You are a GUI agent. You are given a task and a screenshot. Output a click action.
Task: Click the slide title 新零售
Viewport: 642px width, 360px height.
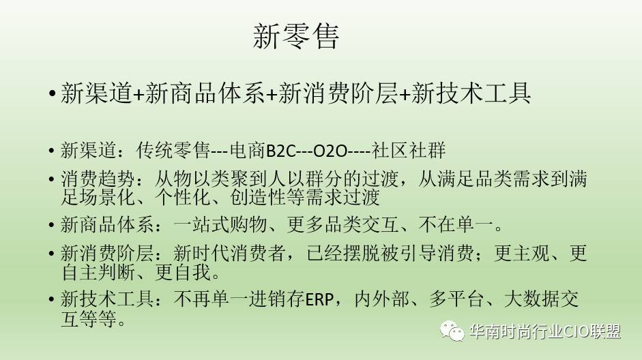coord(296,36)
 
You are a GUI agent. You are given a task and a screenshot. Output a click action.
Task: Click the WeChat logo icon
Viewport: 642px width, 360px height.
coord(452,331)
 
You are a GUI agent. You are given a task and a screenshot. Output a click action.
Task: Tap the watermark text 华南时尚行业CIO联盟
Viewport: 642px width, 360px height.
coord(545,331)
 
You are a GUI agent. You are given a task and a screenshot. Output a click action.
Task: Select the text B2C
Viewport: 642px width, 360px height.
coord(280,151)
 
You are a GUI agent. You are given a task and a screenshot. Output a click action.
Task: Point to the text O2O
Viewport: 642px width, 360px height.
coord(330,151)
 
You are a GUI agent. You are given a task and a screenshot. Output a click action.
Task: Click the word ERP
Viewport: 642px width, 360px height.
coord(319,299)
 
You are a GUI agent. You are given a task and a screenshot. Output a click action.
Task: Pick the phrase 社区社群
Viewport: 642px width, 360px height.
coord(408,151)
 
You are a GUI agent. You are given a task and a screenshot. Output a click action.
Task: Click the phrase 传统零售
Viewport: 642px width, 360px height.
coord(173,151)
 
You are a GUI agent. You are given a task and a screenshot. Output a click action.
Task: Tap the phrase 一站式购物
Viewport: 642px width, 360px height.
coord(220,224)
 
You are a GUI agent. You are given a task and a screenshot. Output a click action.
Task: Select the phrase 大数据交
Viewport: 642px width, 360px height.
coord(541,299)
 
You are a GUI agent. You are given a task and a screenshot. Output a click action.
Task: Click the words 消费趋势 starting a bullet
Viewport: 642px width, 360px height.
coord(98,179)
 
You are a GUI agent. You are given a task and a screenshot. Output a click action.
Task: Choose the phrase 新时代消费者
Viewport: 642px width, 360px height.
coord(229,254)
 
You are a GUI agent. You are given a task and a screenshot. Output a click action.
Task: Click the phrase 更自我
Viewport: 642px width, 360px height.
coord(183,273)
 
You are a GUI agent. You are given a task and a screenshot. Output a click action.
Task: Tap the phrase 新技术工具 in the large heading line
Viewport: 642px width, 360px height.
coord(471,93)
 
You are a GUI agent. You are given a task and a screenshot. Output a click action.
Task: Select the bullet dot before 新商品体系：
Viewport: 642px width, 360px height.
coord(51,226)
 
